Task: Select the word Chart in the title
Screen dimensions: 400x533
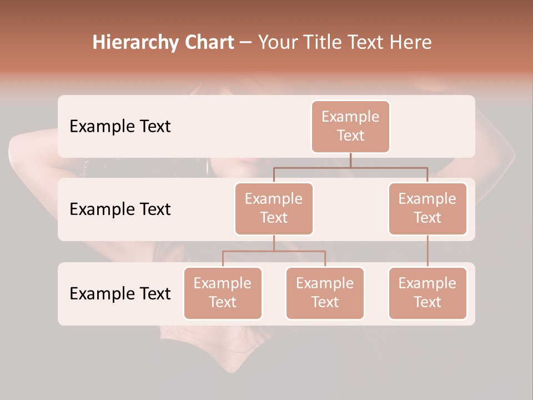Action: point(208,42)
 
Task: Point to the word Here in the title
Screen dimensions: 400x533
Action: point(410,42)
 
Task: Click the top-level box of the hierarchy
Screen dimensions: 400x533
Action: point(350,126)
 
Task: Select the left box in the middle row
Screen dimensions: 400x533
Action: point(274,208)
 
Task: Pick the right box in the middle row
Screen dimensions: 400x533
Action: point(428,208)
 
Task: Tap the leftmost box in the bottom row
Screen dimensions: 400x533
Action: point(223,293)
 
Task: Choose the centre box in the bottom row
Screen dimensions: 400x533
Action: point(325,293)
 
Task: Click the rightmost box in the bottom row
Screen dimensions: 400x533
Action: point(428,293)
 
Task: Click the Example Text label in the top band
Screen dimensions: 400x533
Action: point(120,127)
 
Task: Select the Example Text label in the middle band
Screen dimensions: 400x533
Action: point(120,209)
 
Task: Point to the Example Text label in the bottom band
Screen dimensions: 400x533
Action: point(120,293)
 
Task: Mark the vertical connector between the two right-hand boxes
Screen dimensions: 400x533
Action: point(428,251)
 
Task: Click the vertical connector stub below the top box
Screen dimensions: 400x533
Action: point(350,160)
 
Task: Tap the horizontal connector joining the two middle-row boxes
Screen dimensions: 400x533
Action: point(350,167)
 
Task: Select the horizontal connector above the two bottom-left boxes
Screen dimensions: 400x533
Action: point(274,251)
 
